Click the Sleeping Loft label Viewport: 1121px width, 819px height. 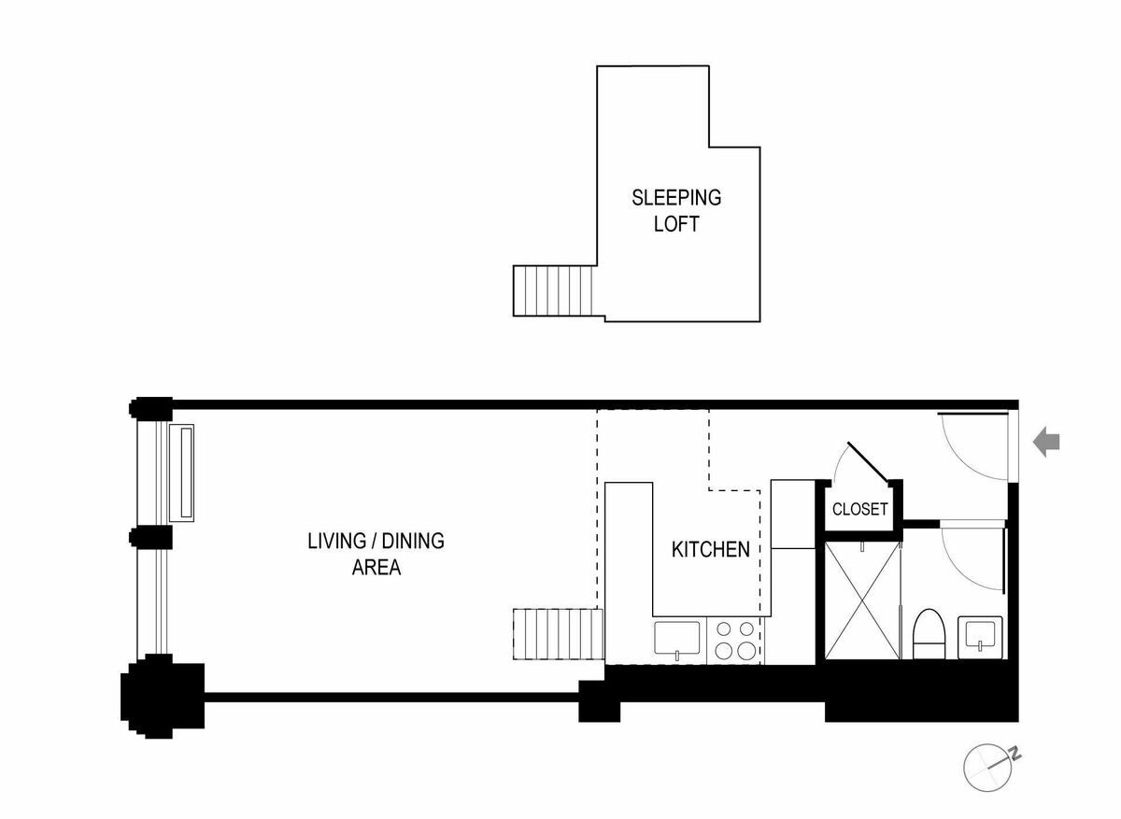[x=676, y=211]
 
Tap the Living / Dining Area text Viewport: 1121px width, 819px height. [x=376, y=554]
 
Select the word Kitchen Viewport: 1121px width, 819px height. [x=710, y=549]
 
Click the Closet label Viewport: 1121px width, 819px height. [x=859, y=510]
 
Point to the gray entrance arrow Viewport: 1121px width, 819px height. [x=1046, y=443]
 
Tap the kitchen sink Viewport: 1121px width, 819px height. [x=676, y=640]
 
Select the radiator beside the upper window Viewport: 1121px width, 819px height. [x=181, y=473]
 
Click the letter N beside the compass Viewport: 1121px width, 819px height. [x=1015, y=753]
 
